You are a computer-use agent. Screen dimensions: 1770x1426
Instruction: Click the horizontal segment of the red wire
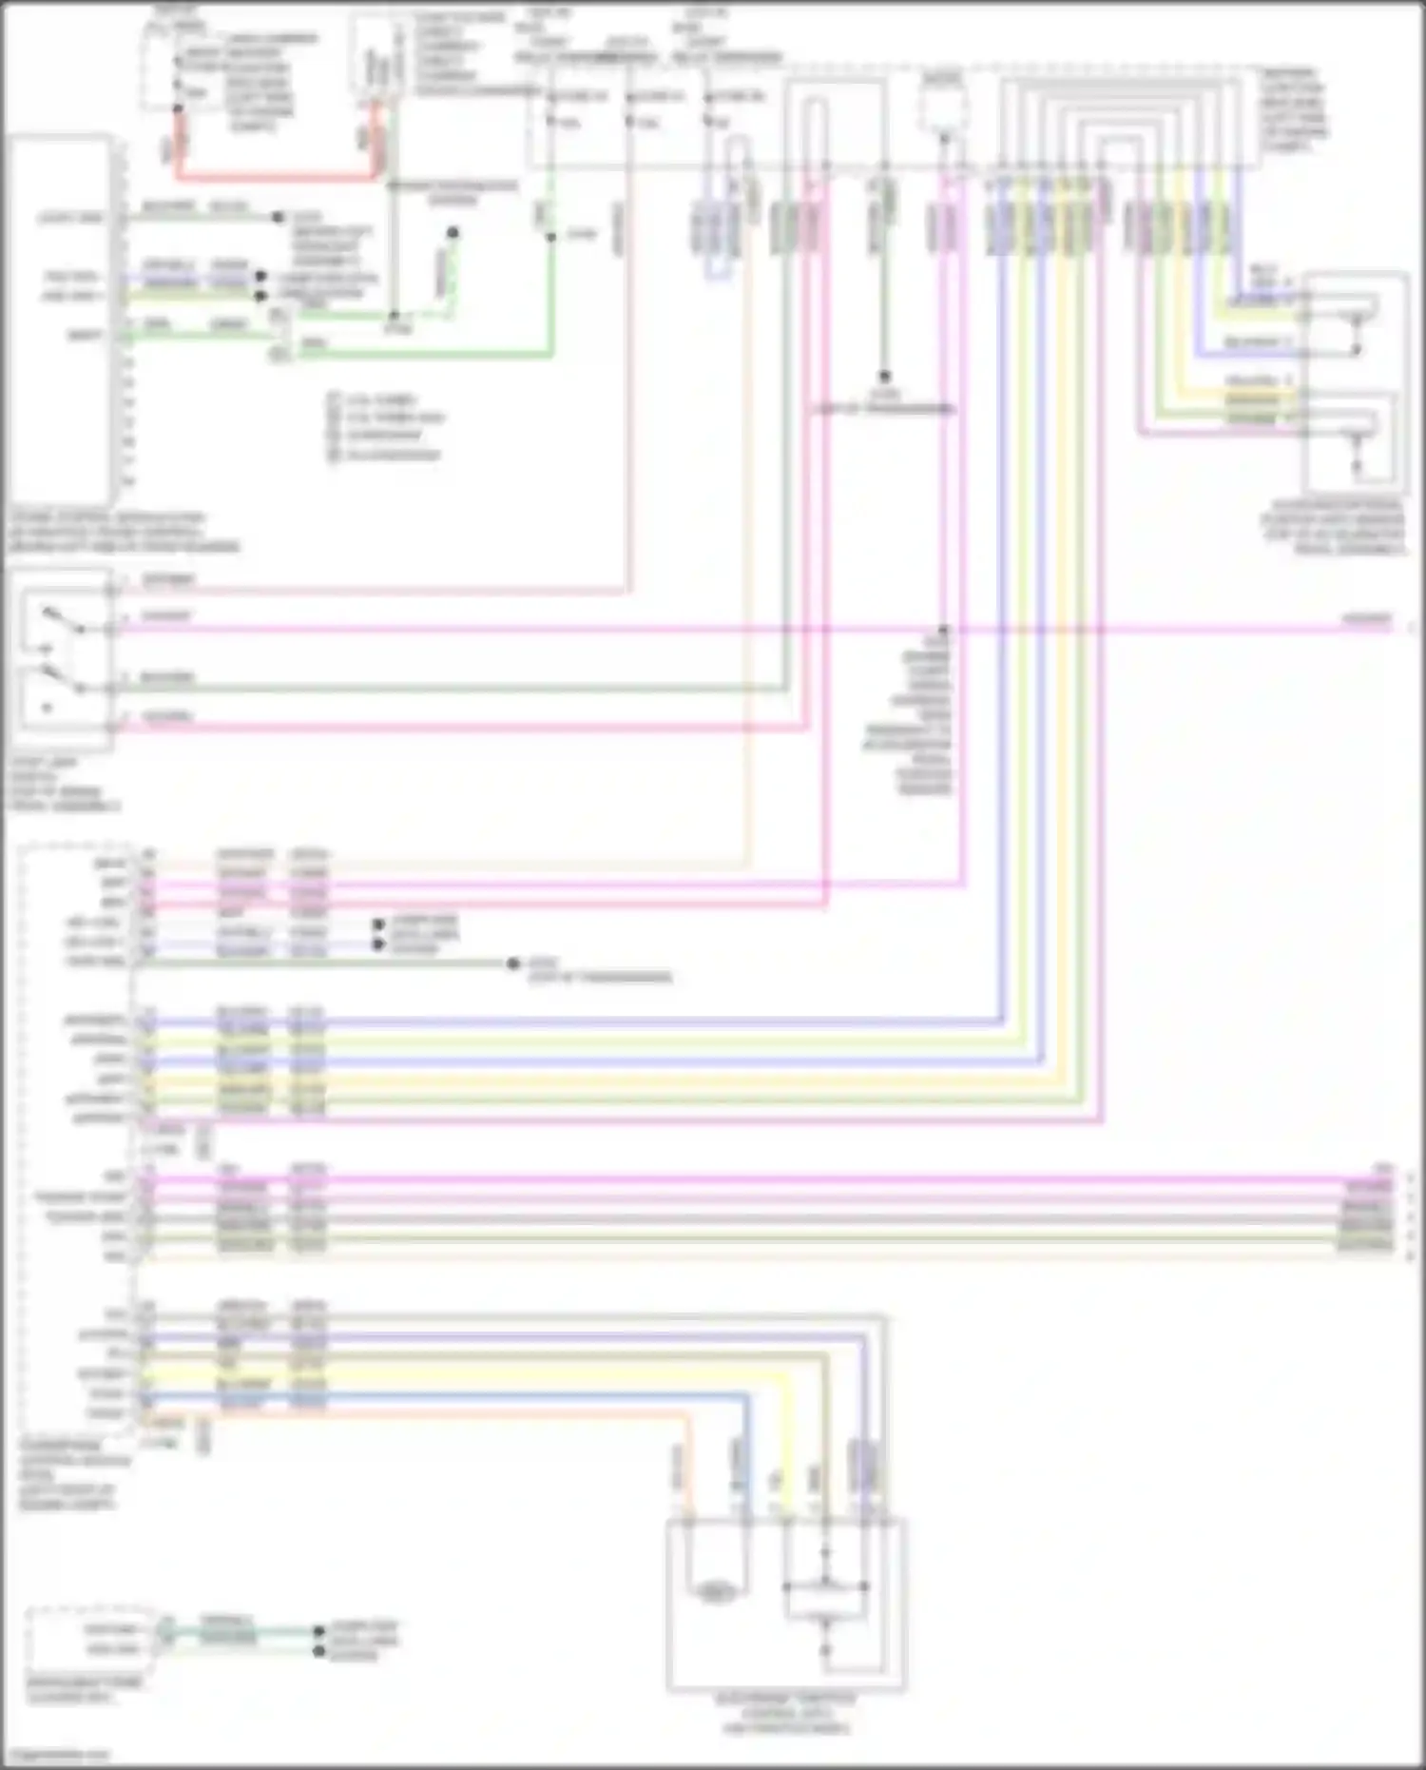[x=276, y=177]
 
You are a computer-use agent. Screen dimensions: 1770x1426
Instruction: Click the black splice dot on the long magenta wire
[x=943, y=630]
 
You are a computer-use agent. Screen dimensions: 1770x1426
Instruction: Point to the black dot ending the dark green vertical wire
[x=883, y=377]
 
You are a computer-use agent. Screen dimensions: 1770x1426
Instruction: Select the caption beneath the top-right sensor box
[x=1333, y=527]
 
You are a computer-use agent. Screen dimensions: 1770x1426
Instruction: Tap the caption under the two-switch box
[x=63, y=785]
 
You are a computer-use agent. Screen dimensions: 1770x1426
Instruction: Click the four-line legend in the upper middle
[x=385, y=427]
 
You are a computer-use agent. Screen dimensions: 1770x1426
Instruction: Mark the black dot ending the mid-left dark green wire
[x=512, y=963]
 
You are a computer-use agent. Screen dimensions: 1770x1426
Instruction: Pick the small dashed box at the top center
[x=943, y=100]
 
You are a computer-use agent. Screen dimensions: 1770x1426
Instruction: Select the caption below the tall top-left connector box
[x=124, y=533]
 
